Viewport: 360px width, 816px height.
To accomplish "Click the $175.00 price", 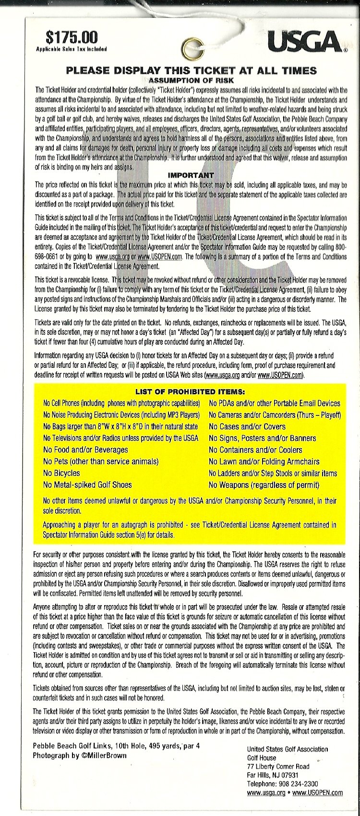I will click(x=71, y=37).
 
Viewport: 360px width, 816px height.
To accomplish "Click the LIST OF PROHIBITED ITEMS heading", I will click(x=191, y=392).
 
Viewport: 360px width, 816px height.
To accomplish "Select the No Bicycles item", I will click(x=61, y=473).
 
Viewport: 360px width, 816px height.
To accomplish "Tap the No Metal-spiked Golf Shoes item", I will click(x=87, y=485).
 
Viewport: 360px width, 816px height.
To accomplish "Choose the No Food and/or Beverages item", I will click(x=85, y=450).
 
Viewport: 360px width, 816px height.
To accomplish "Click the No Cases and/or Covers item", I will click(x=247, y=426).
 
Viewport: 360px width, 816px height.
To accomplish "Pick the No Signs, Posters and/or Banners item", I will click(x=262, y=438).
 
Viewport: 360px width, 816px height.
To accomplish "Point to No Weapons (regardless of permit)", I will click(x=264, y=485).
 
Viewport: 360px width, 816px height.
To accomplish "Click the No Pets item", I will click(x=100, y=462).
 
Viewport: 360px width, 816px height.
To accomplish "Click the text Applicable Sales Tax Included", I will click(x=71, y=49).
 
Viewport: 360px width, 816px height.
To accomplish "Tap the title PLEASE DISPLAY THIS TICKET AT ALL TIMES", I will click(x=191, y=70).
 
